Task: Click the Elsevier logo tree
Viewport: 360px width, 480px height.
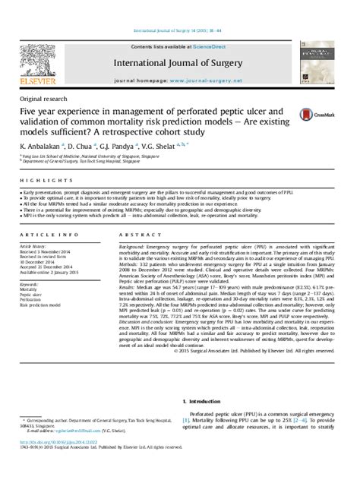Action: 36,60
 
